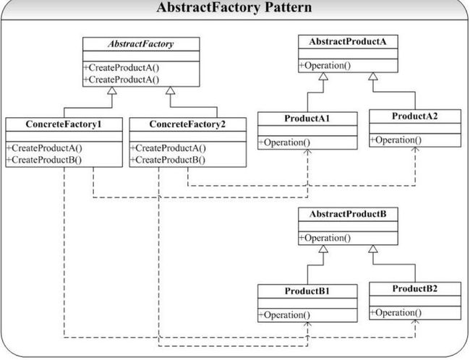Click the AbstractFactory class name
click(x=141, y=44)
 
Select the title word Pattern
click(x=288, y=7)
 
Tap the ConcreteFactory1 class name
click(x=64, y=124)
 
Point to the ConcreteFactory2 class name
click(x=187, y=124)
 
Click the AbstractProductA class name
click(x=348, y=41)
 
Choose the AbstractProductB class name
click(x=348, y=214)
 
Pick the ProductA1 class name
click(x=307, y=119)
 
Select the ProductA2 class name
click(x=415, y=116)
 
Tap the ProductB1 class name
click(x=307, y=291)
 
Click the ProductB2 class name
click(x=415, y=288)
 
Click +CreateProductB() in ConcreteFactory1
click(x=44, y=160)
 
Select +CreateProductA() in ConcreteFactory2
click(x=168, y=148)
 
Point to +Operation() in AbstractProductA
click(x=325, y=65)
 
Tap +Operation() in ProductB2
click(x=396, y=312)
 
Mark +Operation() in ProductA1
click(x=284, y=142)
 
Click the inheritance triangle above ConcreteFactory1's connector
click(x=112, y=90)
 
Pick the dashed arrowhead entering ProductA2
click(x=415, y=149)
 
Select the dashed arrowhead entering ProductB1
click(x=307, y=325)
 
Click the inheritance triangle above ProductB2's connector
click(x=373, y=249)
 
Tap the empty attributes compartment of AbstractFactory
click(x=141, y=56)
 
